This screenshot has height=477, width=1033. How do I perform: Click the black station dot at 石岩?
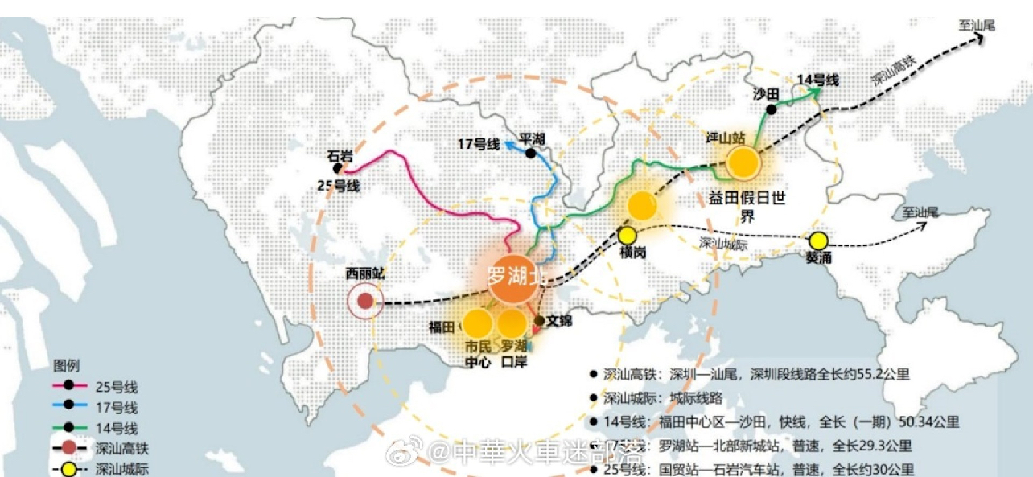tap(338, 168)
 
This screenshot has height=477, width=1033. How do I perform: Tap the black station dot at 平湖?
tap(530, 153)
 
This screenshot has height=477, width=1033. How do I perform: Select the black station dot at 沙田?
tap(771, 110)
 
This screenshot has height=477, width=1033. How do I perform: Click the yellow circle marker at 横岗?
tap(627, 236)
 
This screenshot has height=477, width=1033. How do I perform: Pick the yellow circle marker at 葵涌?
tap(818, 241)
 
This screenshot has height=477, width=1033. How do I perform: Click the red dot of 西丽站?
tap(365, 302)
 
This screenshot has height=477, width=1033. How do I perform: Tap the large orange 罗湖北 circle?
tap(516, 278)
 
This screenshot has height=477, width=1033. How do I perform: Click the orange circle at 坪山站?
tap(743, 162)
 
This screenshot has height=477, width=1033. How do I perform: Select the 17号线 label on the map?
tap(478, 145)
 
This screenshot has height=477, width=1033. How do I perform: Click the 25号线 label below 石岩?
tap(339, 187)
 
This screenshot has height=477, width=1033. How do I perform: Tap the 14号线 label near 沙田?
tap(817, 80)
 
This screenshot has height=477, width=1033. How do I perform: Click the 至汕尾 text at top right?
tap(977, 25)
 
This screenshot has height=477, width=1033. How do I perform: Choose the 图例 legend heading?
tap(67, 366)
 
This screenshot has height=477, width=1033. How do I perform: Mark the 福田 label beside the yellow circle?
tap(442, 327)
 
